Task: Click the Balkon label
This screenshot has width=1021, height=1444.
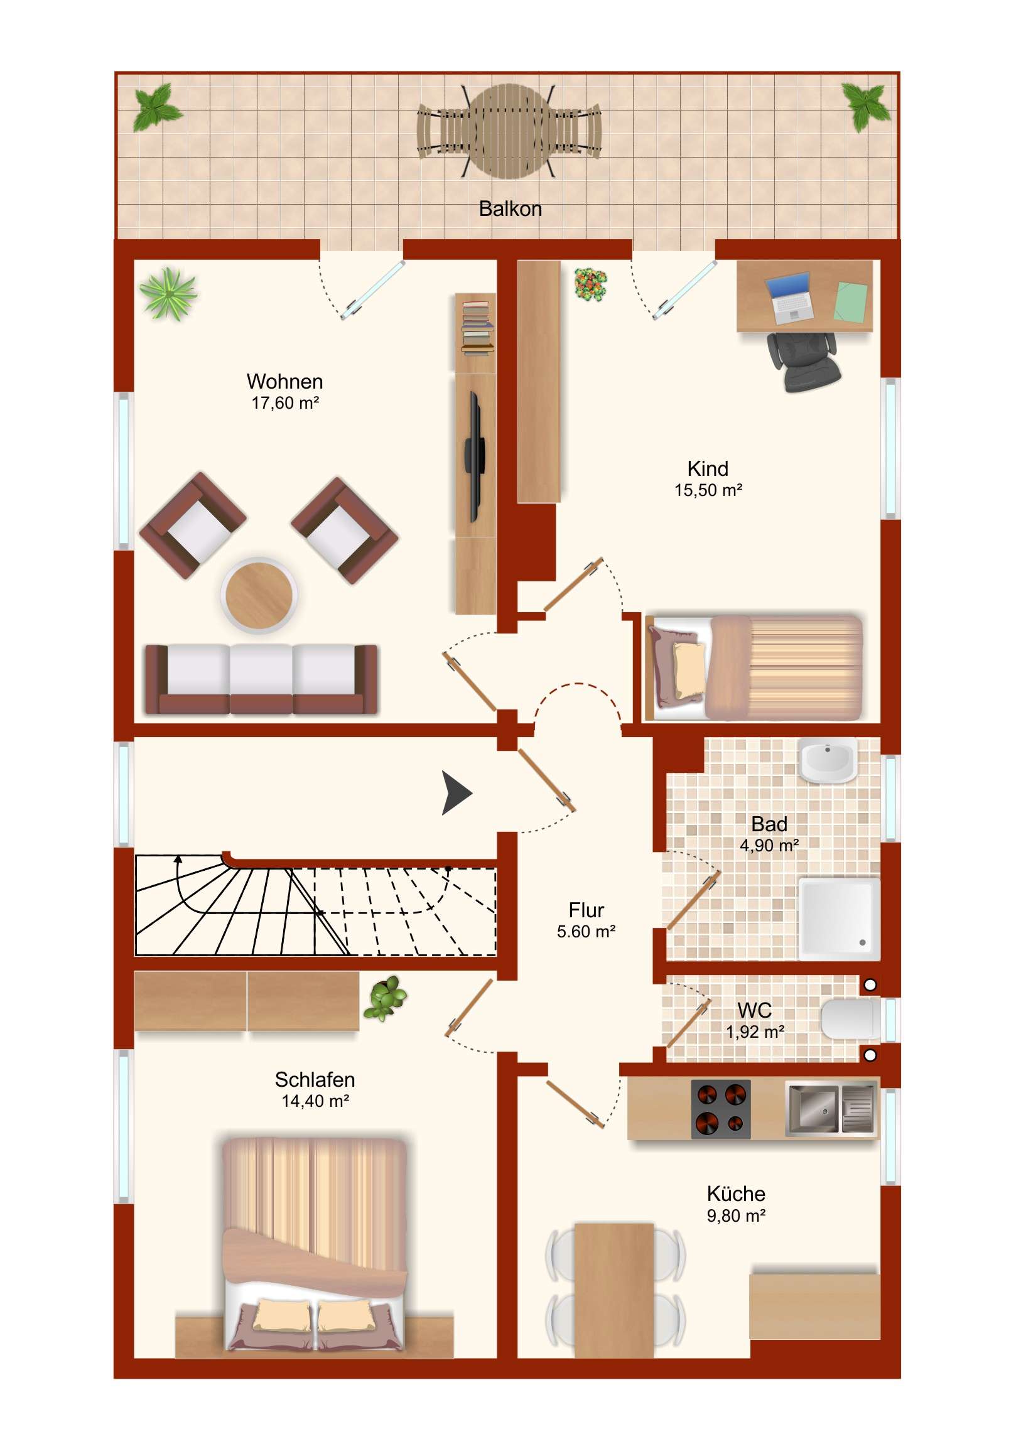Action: click(510, 209)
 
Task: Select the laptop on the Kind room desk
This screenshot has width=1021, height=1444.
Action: click(789, 298)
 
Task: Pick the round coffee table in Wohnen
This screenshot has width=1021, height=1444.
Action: click(259, 595)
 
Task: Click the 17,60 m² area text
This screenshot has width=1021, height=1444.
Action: click(285, 403)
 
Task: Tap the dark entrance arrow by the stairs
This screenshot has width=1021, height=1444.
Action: click(456, 792)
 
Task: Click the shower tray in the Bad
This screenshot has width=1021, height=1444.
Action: click(839, 919)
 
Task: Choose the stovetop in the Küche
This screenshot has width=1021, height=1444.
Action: click(721, 1109)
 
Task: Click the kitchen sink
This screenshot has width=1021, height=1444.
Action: click(831, 1108)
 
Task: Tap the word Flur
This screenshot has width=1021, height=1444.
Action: click(586, 910)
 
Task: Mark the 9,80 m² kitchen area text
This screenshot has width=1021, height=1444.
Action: click(736, 1215)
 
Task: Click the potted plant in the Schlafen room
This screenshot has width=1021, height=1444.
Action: click(385, 998)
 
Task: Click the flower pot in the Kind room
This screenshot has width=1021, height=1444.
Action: click(591, 284)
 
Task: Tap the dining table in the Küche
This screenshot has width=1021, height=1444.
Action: click(614, 1290)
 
